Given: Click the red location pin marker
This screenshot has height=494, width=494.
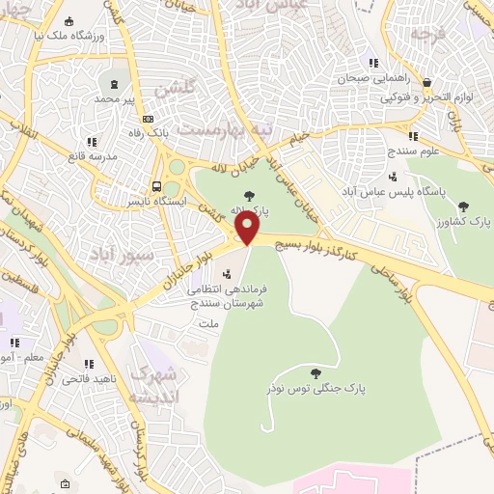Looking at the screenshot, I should [247, 229].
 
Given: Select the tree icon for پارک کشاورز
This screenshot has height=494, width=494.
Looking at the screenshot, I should [464, 206].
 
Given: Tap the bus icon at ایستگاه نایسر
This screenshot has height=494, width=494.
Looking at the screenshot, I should [155, 187].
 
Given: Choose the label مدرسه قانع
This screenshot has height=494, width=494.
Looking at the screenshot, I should [93, 155].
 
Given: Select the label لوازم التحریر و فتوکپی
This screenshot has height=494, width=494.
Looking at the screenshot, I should [425, 97].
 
